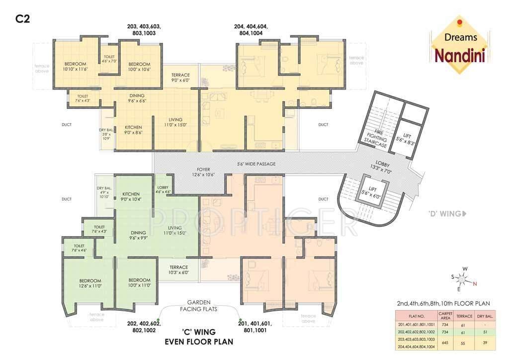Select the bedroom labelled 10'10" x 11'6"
pyautogui.click(x=75, y=67)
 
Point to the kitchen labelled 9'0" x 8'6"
pyautogui.click(x=133, y=130)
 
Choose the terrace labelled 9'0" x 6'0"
pyautogui.click(x=180, y=78)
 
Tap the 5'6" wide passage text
pyautogui.click(x=256, y=164)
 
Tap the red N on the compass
pyautogui.click(x=475, y=284)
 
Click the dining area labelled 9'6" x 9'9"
pyautogui.click(x=138, y=235)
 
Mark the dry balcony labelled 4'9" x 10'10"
pyautogui.click(x=104, y=192)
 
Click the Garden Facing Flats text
pyautogui.click(x=199, y=305)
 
